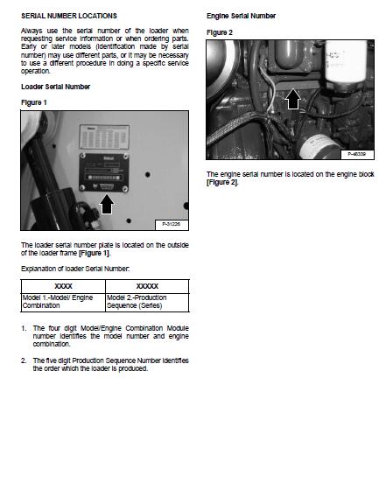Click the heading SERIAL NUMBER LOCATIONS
pyautogui.click(x=68, y=16)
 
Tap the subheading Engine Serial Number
pyautogui.click(x=241, y=16)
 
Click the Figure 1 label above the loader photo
pyautogui.click(x=35, y=102)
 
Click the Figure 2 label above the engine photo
pyautogui.click(x=220, y=32)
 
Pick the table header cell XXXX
pyautogui.click(x=63, y=286)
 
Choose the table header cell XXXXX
pyautogui.click(x=146, y=286)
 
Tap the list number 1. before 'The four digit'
pyautogui.click(x=24, y=328)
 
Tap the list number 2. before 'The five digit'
pyautogui.click(x=24, y=360)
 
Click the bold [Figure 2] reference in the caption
pyautogui.click(x=221, y=182)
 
